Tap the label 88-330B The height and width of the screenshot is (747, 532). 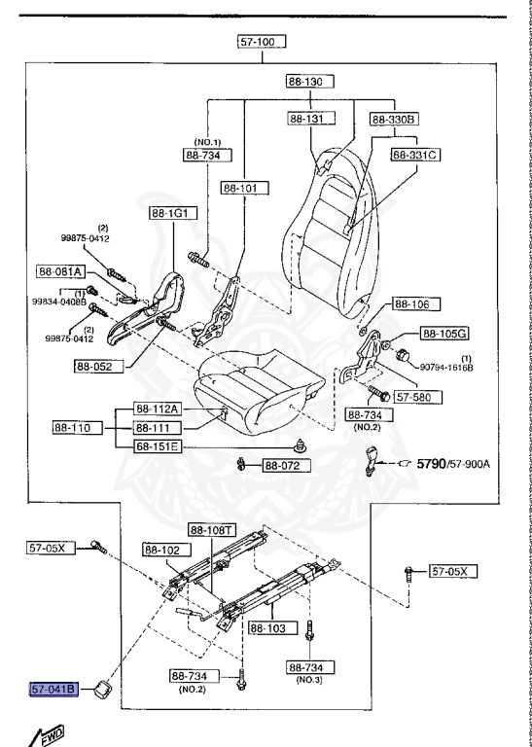394,119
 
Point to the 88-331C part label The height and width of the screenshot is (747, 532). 416,154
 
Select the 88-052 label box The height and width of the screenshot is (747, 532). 98,367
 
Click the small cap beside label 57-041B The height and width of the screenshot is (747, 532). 100,692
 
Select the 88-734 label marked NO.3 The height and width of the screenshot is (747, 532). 311,668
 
